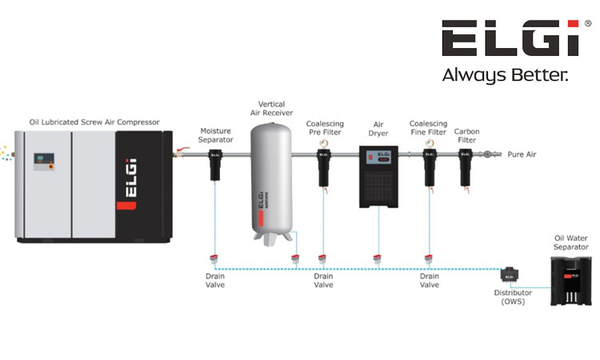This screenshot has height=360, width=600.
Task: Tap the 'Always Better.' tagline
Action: point(505,76)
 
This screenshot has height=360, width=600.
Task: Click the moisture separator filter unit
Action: point(216,164)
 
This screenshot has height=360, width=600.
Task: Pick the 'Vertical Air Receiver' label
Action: point(272,110)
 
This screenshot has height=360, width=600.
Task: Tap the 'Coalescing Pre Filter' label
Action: point(325,128)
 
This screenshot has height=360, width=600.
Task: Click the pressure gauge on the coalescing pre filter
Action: point(324,142)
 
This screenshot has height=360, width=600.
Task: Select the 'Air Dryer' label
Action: point(379,129)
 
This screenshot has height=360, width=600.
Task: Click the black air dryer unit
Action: point(378,176)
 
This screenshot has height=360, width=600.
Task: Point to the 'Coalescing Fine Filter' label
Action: point(428,128)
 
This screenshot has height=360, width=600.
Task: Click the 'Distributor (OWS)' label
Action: point(513,297)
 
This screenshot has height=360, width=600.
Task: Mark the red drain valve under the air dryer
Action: point(377,258)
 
